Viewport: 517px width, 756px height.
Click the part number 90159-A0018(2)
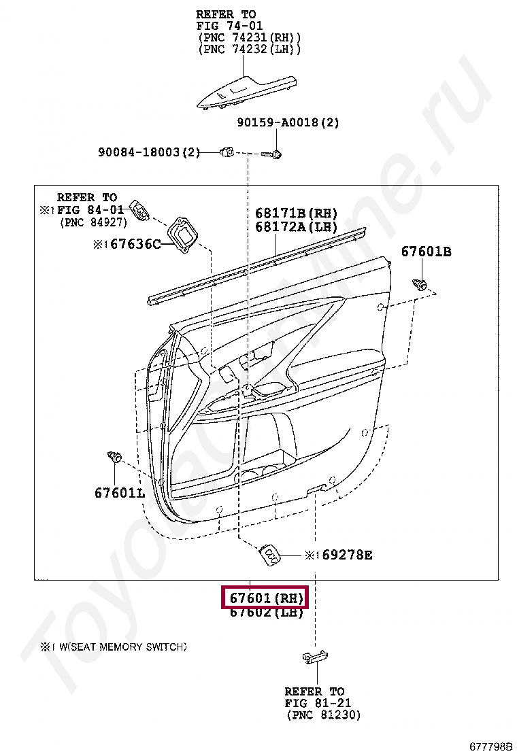[288, 122]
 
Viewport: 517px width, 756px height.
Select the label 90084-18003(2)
[149, 152]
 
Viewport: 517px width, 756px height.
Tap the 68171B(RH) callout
[296, 213]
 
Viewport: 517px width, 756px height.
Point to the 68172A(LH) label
[296, 226]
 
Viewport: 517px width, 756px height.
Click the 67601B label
[427, 251]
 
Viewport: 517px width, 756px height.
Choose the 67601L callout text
[120, 493]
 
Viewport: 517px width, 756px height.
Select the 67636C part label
[135, 245]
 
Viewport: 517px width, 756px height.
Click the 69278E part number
[347, 555]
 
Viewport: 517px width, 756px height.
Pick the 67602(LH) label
[266, 613]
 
